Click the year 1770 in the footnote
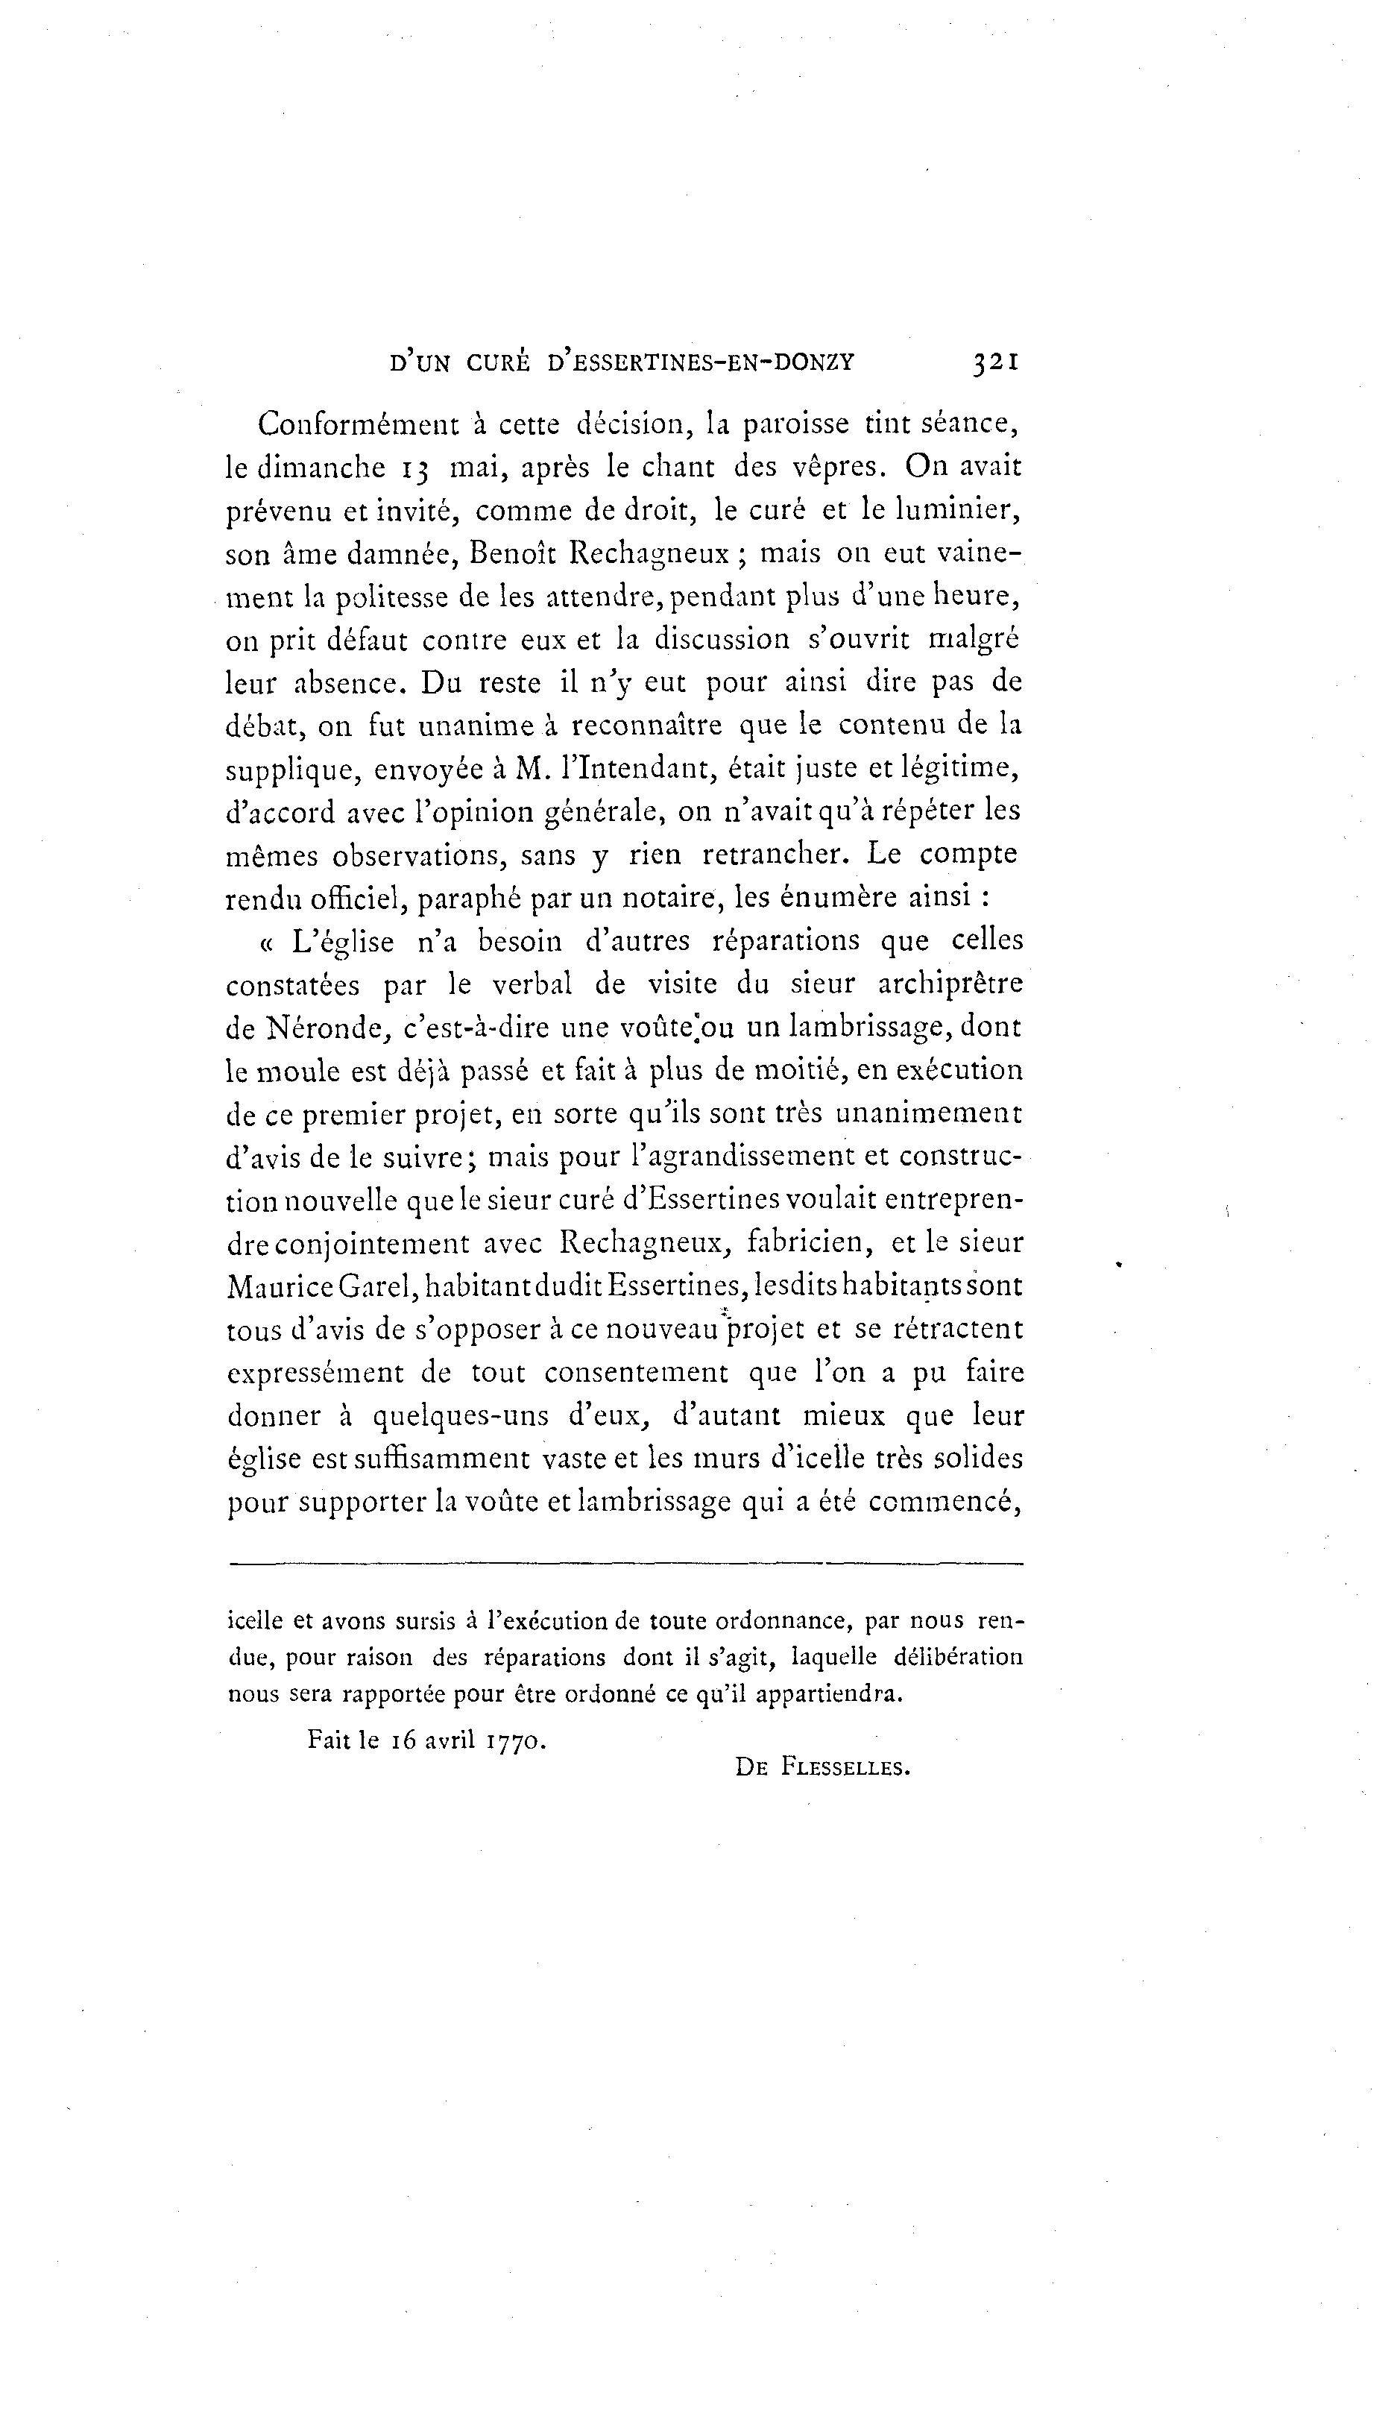[517, 1740]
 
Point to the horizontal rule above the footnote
[626, 1564]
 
